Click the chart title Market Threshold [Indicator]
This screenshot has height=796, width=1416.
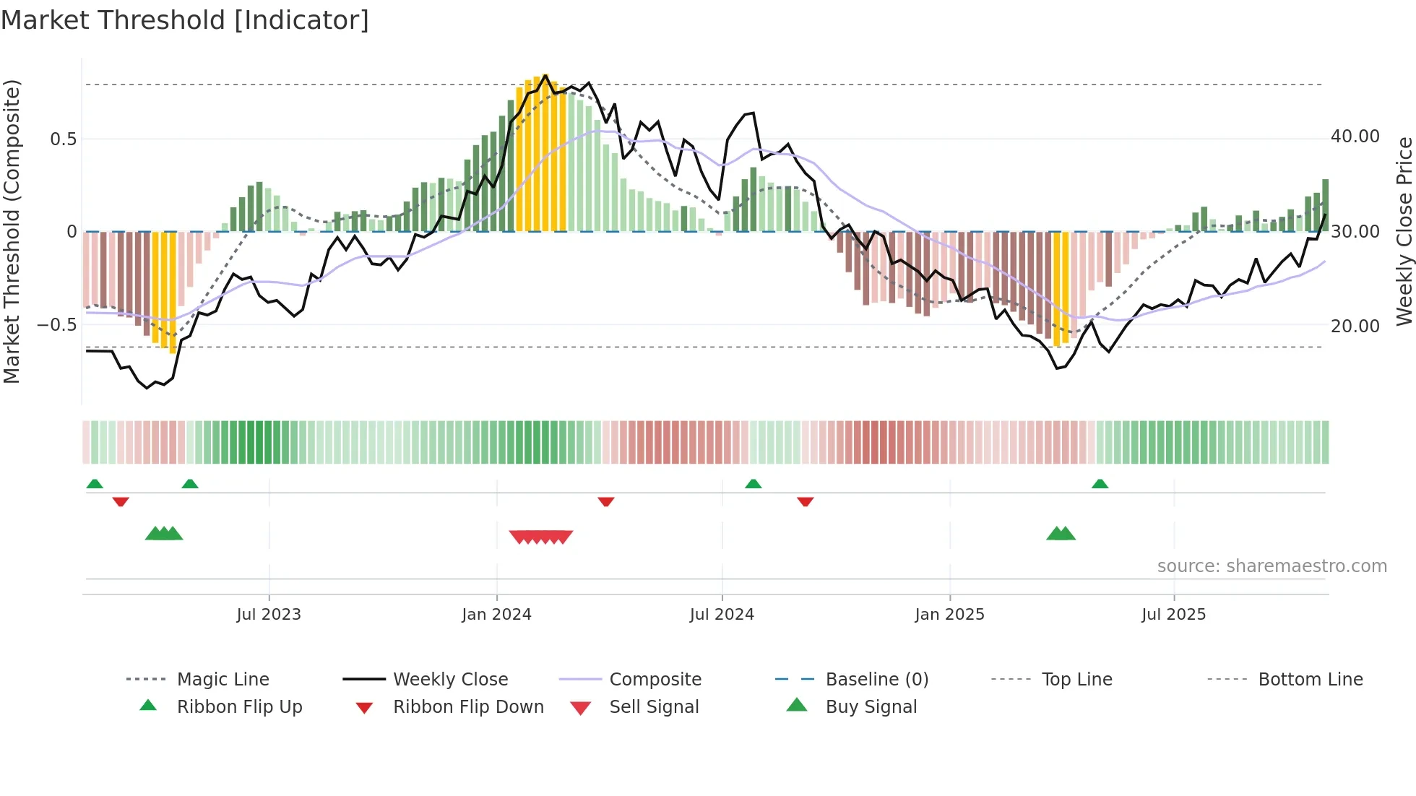click(x=185, y=20)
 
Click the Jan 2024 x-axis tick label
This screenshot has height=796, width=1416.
click(x=496, y=614)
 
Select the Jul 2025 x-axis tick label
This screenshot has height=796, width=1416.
click(x=1173, y=614)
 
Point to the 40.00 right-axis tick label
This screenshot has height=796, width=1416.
click(x=1355, y=137)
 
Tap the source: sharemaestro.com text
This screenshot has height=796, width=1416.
click(x=1272, y=566)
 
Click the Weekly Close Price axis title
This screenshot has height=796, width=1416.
click(x=1403, y=231)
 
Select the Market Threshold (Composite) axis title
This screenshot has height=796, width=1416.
click(x=12, y=231)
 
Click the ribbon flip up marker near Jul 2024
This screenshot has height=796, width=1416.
click(x=753, y=483)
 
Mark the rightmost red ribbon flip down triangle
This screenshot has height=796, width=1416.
click(x=805, y=501)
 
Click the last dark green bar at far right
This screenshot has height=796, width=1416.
click(x=1325, y=206)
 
